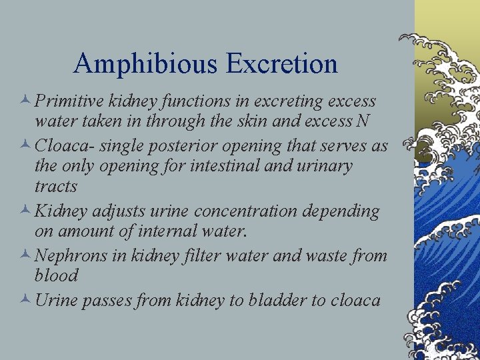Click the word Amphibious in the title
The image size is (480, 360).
tap(145, 65)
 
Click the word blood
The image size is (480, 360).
tap(57, 275)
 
